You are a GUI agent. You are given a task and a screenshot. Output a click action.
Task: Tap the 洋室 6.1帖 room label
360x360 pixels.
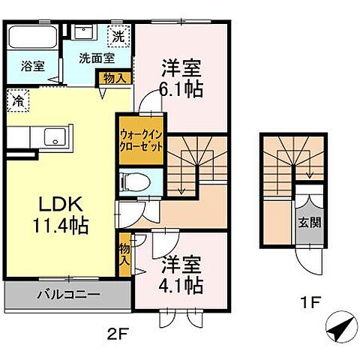pos(180,77)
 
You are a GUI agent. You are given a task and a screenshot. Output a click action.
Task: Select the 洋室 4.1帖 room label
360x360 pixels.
pos(180,274)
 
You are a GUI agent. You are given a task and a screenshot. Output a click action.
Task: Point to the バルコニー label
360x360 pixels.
pos(68,295)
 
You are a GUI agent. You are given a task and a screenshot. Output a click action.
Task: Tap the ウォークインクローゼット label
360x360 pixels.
pos(141,140)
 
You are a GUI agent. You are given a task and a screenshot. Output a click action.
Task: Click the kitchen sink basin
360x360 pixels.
pos(55,137)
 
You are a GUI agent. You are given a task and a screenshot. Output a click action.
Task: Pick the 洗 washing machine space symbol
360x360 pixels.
pos(118,35)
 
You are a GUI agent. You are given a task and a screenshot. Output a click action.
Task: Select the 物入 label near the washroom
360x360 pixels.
pos(113,76)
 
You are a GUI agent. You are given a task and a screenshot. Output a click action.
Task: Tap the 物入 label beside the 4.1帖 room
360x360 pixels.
pos(124,255)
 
